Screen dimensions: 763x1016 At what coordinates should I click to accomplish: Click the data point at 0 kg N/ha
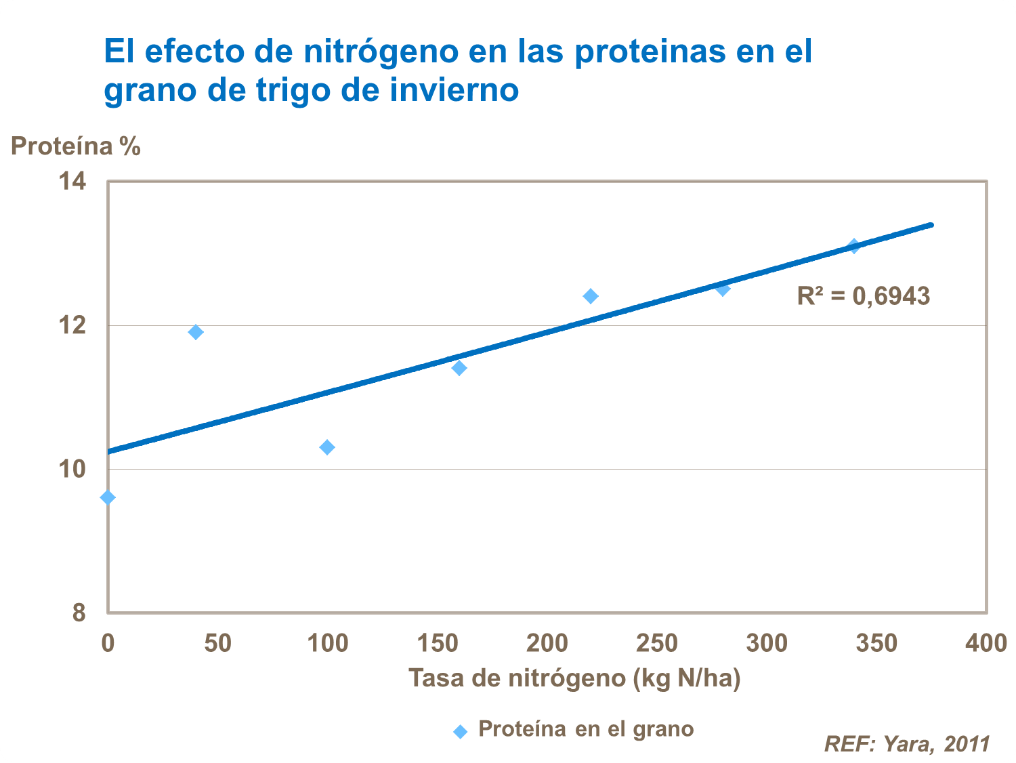108,497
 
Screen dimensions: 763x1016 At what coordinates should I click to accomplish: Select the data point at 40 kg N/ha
196,332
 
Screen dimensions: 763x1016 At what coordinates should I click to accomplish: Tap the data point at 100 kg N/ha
327,447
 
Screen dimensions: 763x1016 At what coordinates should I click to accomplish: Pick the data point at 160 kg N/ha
459,368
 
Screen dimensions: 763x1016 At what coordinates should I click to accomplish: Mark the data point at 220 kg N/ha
591,296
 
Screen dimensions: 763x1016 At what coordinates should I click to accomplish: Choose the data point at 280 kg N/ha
723,289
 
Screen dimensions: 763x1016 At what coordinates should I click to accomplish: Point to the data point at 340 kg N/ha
854,246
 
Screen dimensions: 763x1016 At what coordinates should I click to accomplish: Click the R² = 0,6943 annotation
863,296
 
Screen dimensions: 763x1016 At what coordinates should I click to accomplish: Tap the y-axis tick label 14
72,182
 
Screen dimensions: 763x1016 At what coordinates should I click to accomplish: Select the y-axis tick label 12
72,325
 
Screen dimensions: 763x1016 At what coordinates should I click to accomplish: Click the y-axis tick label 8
79,613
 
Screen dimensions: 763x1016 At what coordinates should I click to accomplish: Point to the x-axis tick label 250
656,643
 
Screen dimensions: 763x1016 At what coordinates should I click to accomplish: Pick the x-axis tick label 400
986,643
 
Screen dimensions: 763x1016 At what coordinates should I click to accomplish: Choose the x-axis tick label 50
217,643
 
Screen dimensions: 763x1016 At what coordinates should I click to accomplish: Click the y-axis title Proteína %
76,146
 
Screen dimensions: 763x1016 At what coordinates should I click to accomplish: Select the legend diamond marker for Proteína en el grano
461,732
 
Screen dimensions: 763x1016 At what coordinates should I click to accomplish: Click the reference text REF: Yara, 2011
907,744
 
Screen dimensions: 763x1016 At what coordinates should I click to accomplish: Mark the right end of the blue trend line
931,225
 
